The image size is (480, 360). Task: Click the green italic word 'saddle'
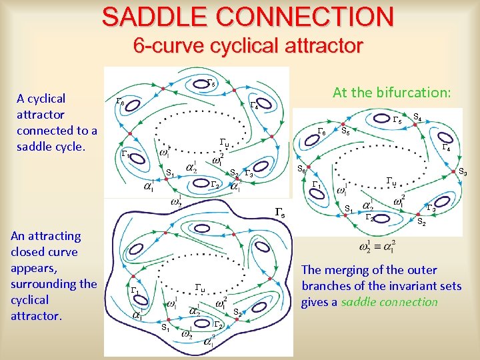point(360,302)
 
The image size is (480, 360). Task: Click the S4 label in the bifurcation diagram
point(417,117)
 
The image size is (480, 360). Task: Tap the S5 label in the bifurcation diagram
point(346,131)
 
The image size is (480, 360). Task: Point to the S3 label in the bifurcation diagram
point(462,172)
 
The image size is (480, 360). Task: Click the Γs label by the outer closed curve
point(281,214)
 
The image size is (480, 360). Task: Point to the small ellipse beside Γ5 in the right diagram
point(383,119)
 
